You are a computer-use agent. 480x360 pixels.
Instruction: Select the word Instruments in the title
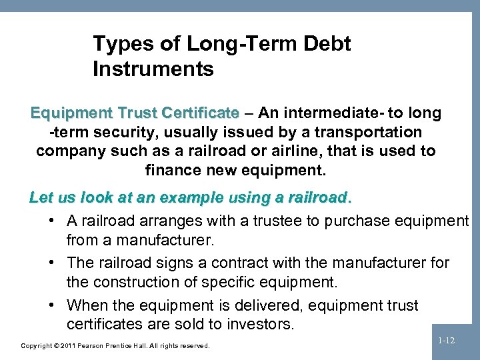pyautogui.click(x=153, y=68)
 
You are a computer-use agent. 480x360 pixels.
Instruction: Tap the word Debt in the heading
pyautogui.click(x=325, y=45)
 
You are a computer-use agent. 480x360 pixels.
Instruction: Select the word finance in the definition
pyautogui.click(x=171, y=170)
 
